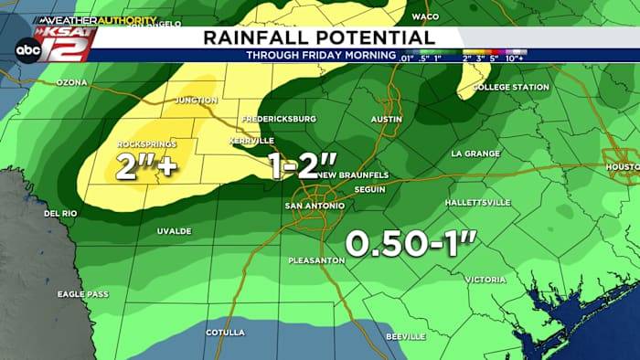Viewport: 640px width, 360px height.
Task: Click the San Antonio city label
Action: (x=315, y=206)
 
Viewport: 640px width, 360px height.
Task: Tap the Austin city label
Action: (x=387, y=120)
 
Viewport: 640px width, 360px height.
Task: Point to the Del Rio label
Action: (x=59, y=214)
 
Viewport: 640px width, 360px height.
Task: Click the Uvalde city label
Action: (x=173, y=231)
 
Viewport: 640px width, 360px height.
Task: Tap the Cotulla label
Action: (x=226, y=332)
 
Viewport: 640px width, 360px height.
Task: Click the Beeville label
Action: (x=407, y=337)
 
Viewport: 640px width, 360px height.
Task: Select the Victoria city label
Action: (x=485, y=279)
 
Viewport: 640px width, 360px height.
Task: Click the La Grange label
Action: (x=473, y=154)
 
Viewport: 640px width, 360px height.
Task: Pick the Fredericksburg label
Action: (x=279, y=119)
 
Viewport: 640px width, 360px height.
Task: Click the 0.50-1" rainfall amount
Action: (x=412, y=244)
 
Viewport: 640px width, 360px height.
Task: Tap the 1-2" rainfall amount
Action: (x=302, y=164)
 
